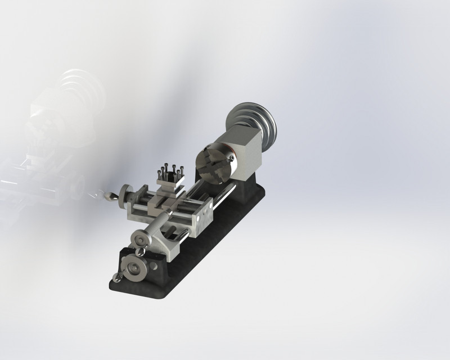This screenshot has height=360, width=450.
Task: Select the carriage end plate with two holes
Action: point(204,219)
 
